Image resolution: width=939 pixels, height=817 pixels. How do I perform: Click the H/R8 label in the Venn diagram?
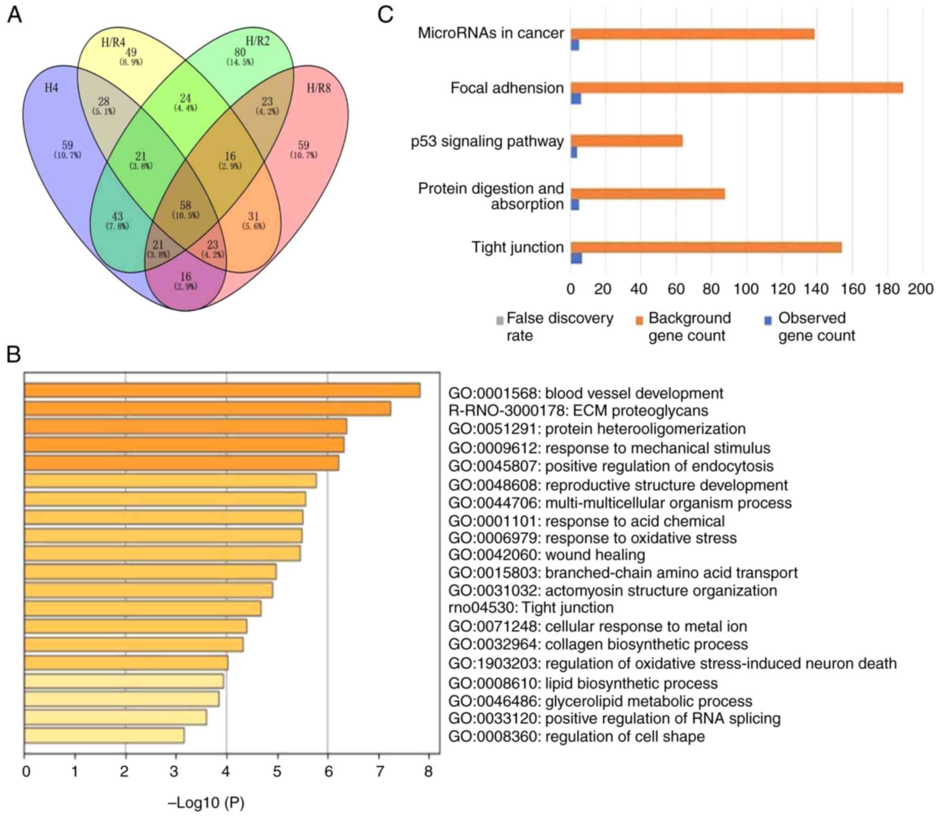pyautogui.click(x=319, y=88)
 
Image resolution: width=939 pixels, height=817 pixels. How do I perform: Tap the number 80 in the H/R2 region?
pyautogui.click(x=239, y=52)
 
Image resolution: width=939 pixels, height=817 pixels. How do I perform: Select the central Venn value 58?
pyautogui.click(x=185, y=206)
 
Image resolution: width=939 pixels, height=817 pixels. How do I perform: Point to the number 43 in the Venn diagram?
pyautogui.click(x=117, y=217)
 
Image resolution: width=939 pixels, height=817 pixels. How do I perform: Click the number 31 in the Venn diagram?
pyautogui.click(x=253, y=216)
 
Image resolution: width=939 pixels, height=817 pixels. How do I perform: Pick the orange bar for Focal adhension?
pyautogui.click(x=737, y=88)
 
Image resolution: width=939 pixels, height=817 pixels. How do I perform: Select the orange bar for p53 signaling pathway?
pyautogui.click(x=627, y=141)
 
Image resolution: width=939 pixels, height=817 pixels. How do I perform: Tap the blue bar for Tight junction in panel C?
pyautogui.click(x=576, y=258)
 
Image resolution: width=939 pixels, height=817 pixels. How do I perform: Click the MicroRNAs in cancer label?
pyautogui.click(x=491, y=33)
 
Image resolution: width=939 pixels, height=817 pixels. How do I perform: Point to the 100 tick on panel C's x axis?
pyautogui.click(x=747, y=289)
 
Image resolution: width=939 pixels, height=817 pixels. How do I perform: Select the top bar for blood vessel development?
pyautogui.click(x=222, y=390)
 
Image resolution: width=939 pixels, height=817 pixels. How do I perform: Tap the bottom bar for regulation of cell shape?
pyautogui.click(x=104, y=736)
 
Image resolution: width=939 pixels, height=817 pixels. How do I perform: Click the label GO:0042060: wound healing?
pyautogui.click(x=547, y=554)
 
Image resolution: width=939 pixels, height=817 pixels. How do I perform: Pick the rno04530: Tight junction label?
pyautogui.click(x=531, y=607)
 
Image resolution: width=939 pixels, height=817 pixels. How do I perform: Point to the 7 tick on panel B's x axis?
pyautogui.click(x=379, y=772)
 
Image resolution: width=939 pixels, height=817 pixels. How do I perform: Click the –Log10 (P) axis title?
pyautogui.click(x=206, y=803)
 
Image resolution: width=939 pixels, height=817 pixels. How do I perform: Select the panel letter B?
pyautogui.click(x=14, y=355)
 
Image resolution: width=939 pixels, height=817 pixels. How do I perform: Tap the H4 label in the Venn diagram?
pyautogui.click(x=51, y=88)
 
